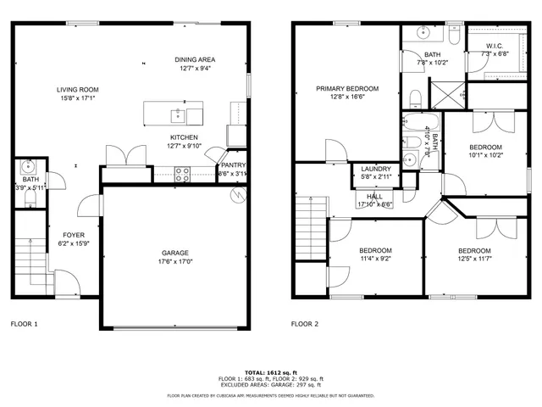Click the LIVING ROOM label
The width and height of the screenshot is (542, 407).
[x=78, y=90]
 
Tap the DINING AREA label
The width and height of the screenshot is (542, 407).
[x=195, y=59]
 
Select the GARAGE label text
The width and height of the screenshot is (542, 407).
[x=175, y=253]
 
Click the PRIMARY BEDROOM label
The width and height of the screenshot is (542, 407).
[x=347, y=88]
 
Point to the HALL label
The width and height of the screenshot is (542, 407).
[x=375, y=196]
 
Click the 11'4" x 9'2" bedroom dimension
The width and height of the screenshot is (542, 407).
[x=375, y=259]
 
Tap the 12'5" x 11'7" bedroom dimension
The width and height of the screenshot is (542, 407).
[x=474, y=259]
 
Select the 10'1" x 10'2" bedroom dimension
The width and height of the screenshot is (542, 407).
[x=486, y=155]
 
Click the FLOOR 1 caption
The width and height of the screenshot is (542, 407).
[x=24, y=324]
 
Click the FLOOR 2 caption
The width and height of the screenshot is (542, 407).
[x=305, y=324]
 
